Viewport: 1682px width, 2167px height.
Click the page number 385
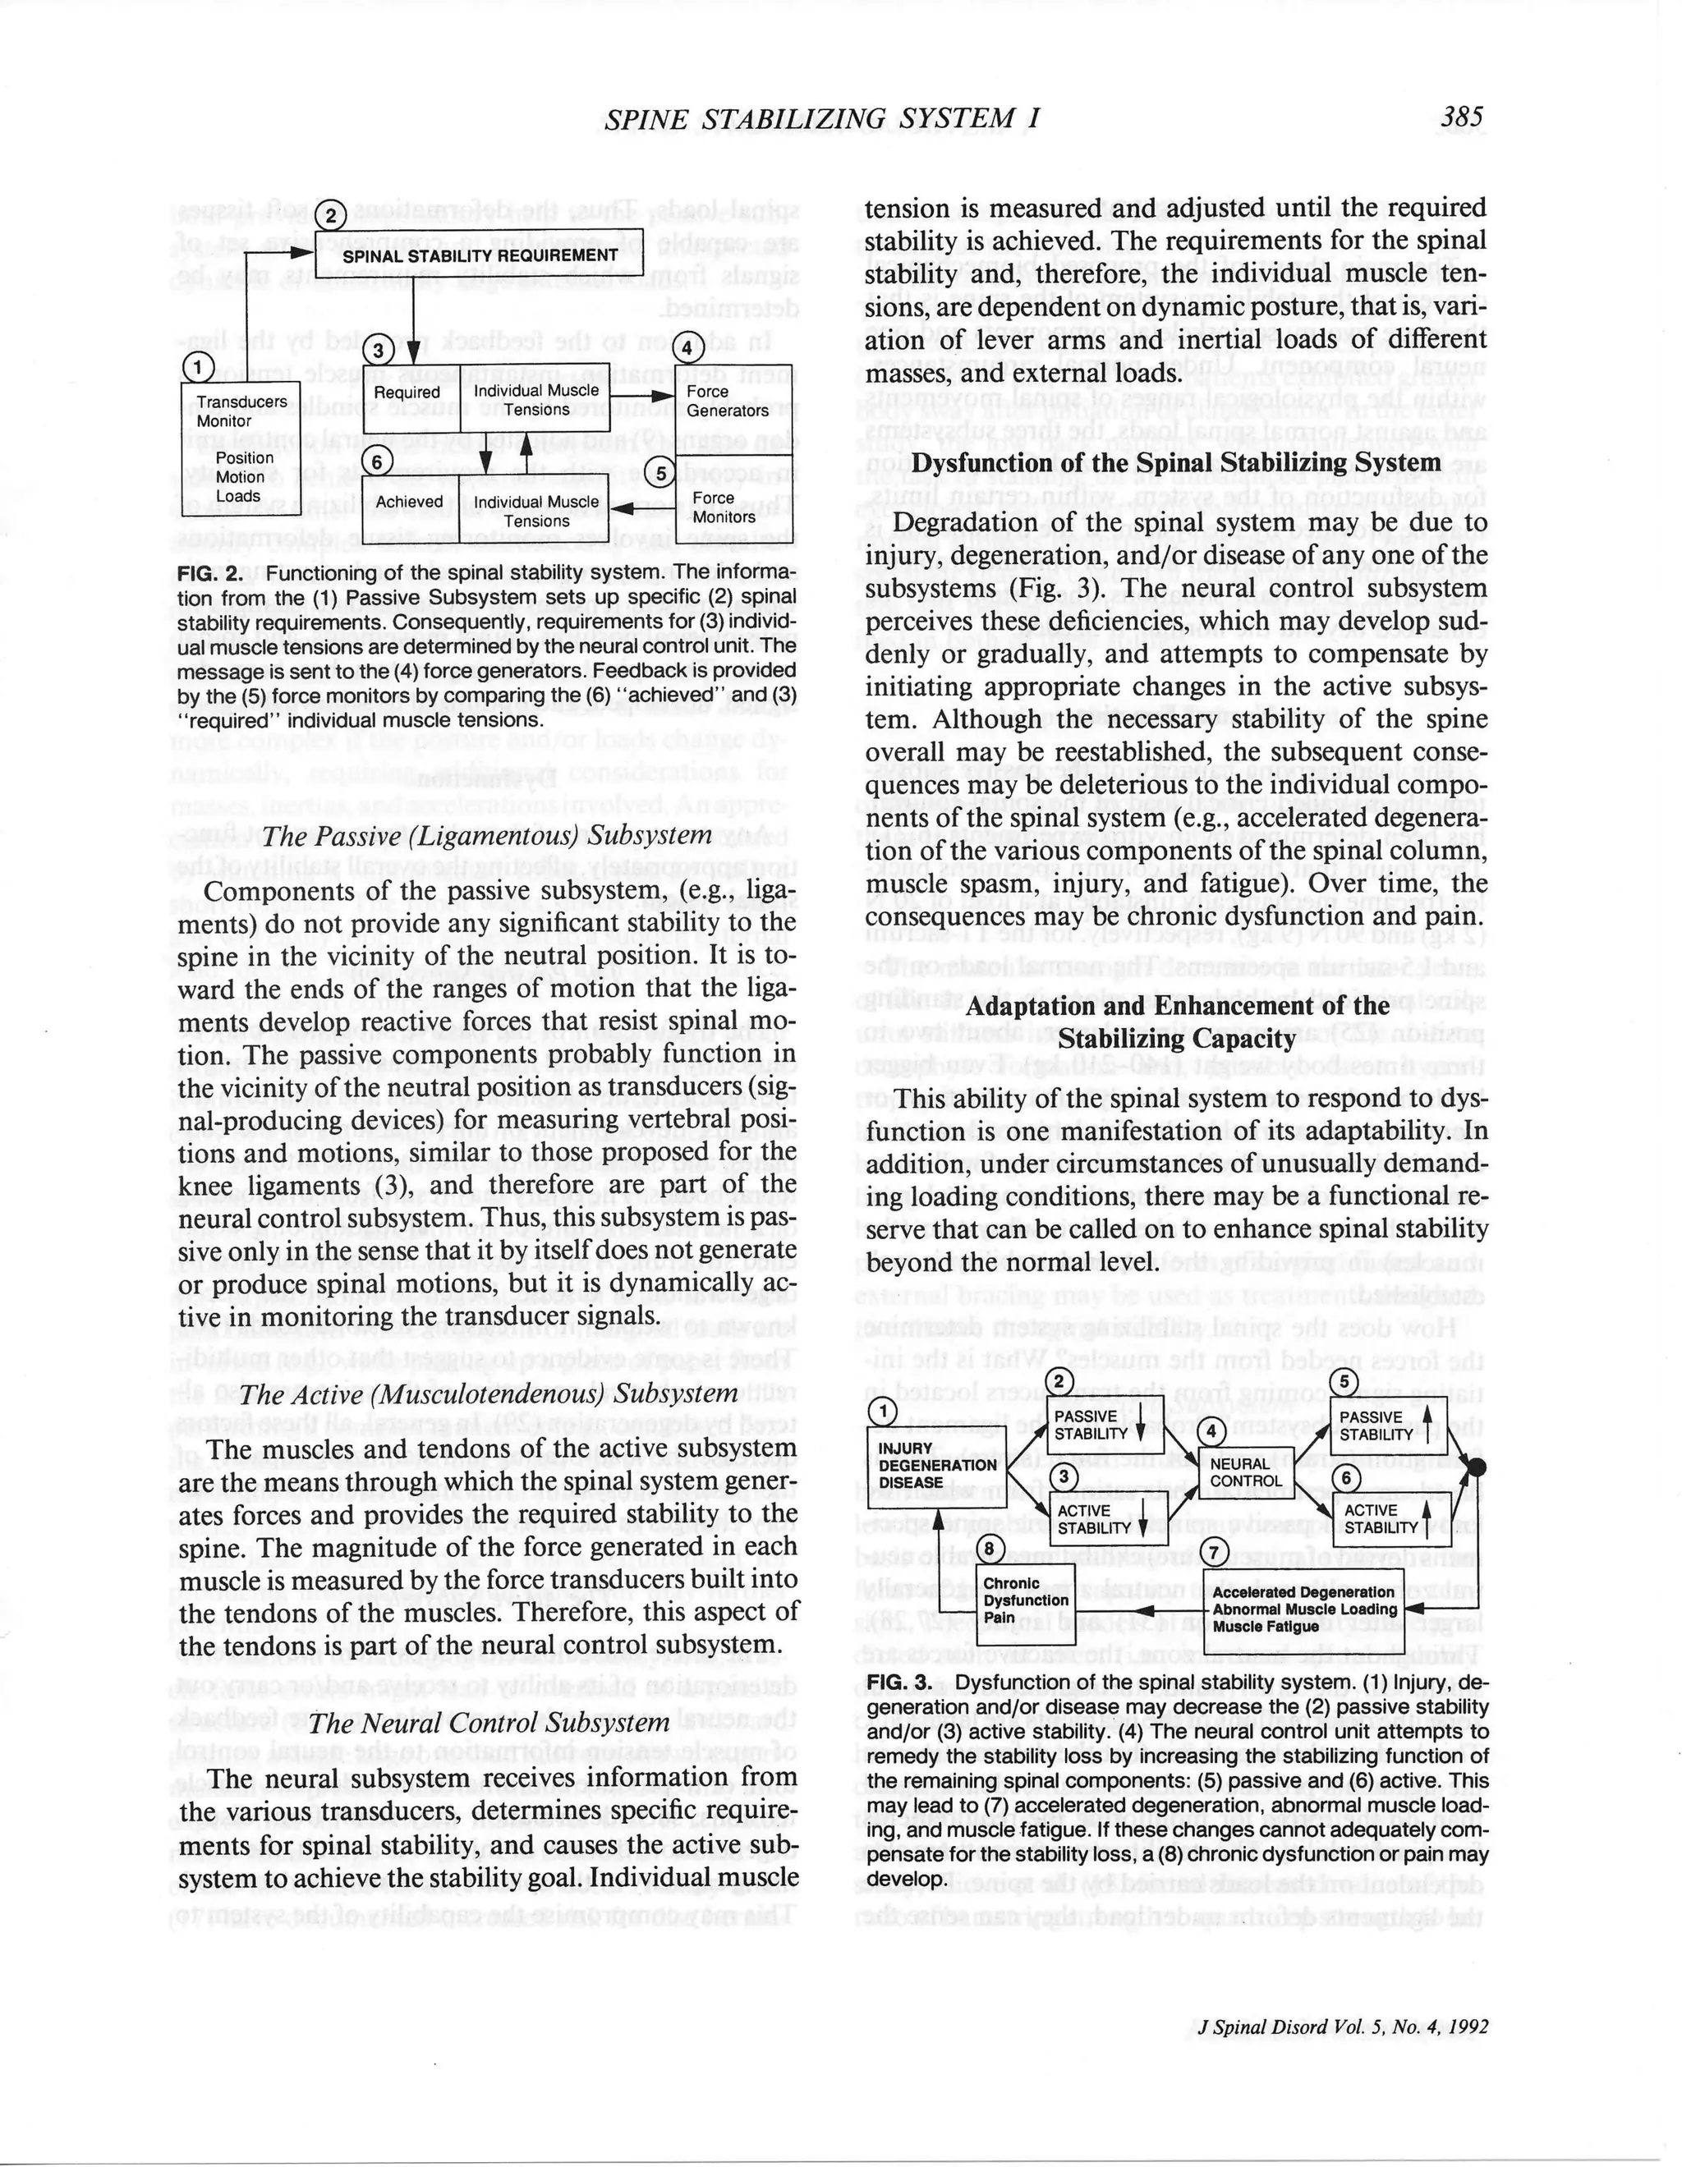click(x=1463, y=117)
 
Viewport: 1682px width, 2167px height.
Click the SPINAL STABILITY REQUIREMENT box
click(x=480, y=255)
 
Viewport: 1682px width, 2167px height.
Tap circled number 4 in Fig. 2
click(x=686, y=348)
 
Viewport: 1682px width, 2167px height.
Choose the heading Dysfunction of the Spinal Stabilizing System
click(x=1176, y=462)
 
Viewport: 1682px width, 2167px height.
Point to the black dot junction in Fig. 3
click(x=1477, y=1467)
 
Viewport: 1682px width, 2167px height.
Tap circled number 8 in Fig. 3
click(x=988, y=1548)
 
